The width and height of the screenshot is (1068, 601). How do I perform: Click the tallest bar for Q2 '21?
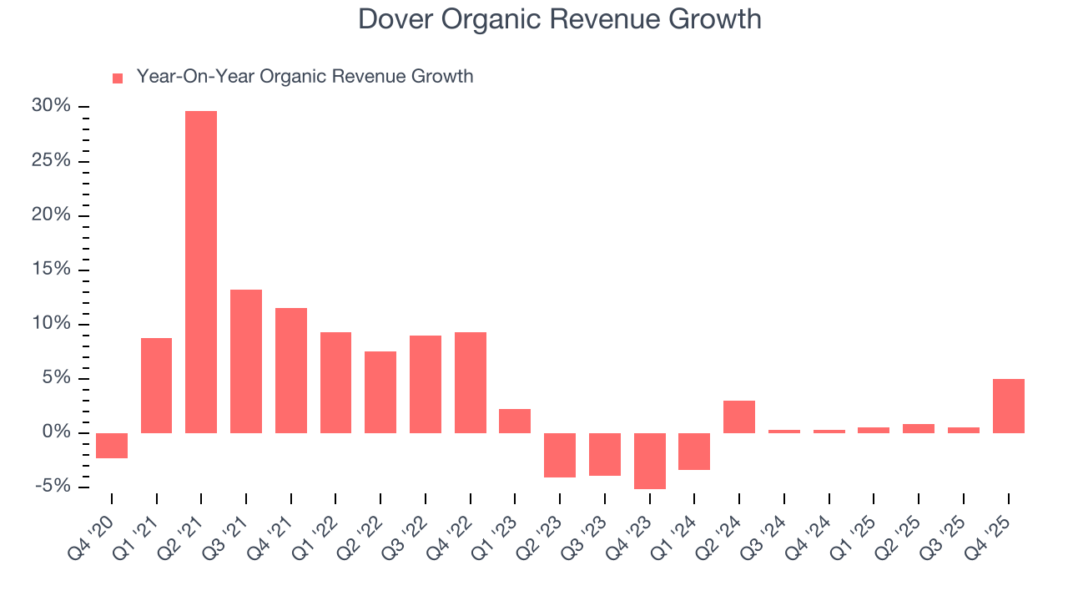click(x=201, y=272)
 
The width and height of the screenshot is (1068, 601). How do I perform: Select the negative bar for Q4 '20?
click(x=112, y=446)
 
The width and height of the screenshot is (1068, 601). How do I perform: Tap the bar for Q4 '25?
click(x=1008, y=406)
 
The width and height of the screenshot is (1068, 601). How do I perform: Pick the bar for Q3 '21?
click(x=246, y=361)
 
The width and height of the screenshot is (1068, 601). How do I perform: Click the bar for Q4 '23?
click(x=649, y=461)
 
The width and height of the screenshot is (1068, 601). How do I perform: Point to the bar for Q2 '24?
click(x=739, y=417)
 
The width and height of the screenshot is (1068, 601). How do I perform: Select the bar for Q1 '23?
click(x=515, y=421)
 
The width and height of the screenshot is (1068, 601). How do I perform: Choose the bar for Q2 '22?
click(x=380, y=392)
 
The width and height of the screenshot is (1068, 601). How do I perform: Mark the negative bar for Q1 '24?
click(x=694, y=452)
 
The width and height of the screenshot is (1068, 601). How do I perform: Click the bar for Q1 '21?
click(x=157, y=386)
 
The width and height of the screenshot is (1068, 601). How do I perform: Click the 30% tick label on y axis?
click(x=51, y=106)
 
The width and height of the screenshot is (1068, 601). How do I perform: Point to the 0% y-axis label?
click(x=56, y=432)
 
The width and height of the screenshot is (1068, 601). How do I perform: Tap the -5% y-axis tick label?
click(x=52, y=487)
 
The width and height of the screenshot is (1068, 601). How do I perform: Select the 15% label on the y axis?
click(x=51, y=270)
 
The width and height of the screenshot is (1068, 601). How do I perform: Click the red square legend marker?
click(x=118, y=78)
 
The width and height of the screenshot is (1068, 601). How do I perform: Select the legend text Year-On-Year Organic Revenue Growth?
click(x=305, y=77)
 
